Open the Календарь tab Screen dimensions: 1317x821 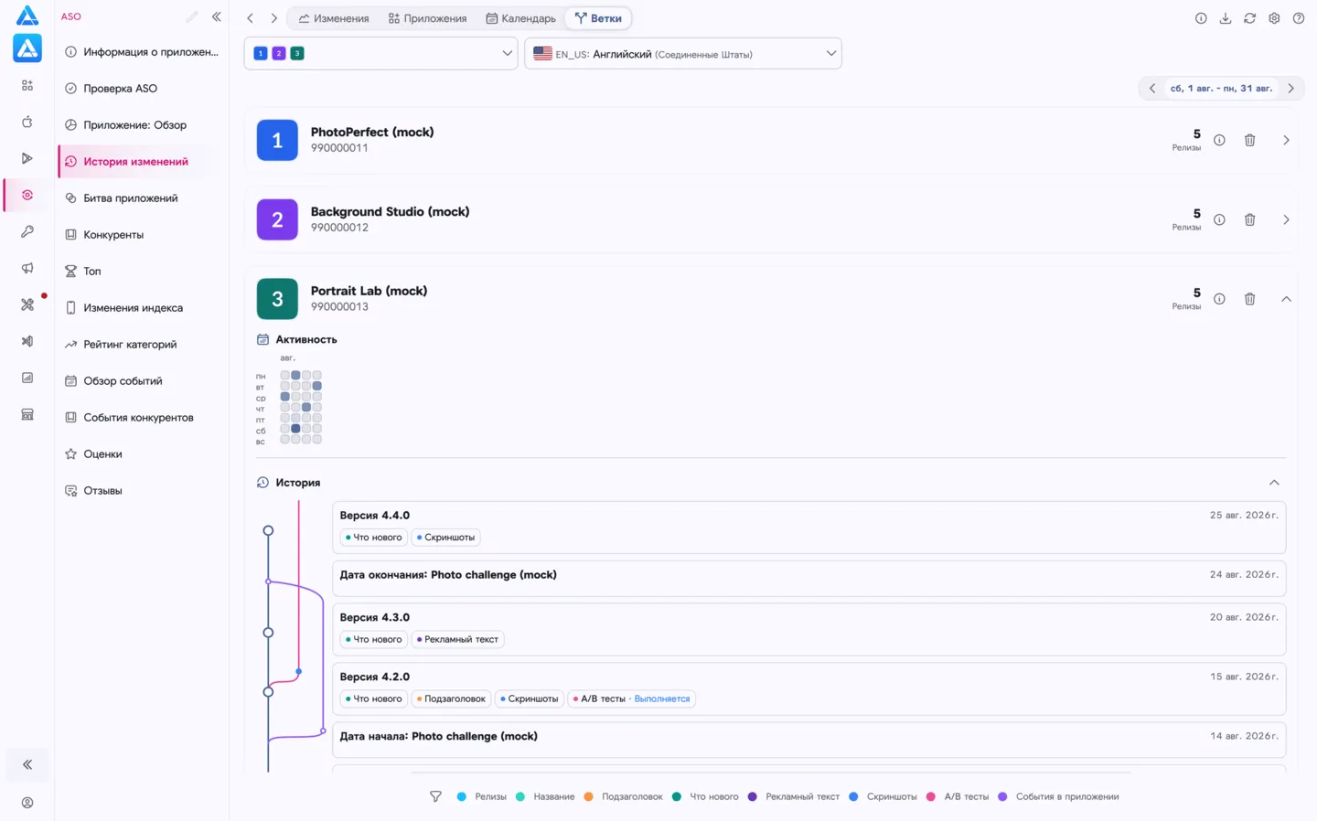coord(521,18)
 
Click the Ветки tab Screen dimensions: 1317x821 coord(598,18)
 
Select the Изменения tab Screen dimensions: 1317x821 coord(333,18)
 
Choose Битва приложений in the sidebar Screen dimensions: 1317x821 coord(130,198)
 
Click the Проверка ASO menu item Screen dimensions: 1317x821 coord(120,88)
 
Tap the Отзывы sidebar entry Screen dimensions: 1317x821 coord(102,490)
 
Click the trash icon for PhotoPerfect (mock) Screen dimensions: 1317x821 coord(1249,140)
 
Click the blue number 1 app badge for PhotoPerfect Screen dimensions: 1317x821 coord(277,140)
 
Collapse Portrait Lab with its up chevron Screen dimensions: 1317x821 coord(1286,299)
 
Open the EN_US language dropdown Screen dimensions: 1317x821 coord(682,53)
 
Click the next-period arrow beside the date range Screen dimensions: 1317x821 coord(1290,88)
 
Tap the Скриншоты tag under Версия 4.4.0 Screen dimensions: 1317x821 coord(445,538)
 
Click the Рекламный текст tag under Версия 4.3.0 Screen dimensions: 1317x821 coord(457,639)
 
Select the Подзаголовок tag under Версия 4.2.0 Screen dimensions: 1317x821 coord(451,698)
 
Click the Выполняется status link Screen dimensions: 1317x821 coord(661,698)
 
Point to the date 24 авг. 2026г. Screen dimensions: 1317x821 coord(1244,574)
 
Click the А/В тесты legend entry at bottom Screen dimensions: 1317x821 coord(958,796)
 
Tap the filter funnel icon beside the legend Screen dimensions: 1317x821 coord(435,796)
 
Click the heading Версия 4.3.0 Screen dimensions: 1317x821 coord(375,617)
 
